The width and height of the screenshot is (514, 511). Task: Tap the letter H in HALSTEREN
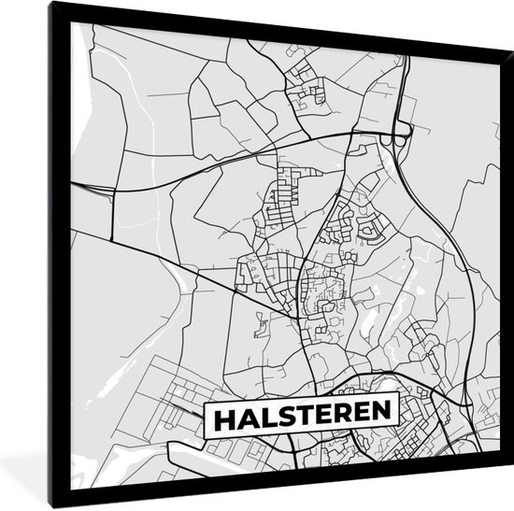click(x=223, y=417)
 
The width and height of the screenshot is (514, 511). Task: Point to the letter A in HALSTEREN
click(x=245, y=417)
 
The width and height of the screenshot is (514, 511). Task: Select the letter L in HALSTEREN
click(x=264, y=417)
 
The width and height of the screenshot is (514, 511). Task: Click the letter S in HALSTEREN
click(x=283, y=417)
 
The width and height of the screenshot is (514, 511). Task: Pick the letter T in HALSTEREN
click(x=302, y=417)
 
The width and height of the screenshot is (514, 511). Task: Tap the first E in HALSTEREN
click(x=321, y=417)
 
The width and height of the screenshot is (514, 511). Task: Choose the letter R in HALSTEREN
click(x=340, y=417)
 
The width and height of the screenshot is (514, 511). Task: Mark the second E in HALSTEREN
click(x=360, y=417)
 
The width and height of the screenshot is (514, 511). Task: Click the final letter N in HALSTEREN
click(x=380, y=417)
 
